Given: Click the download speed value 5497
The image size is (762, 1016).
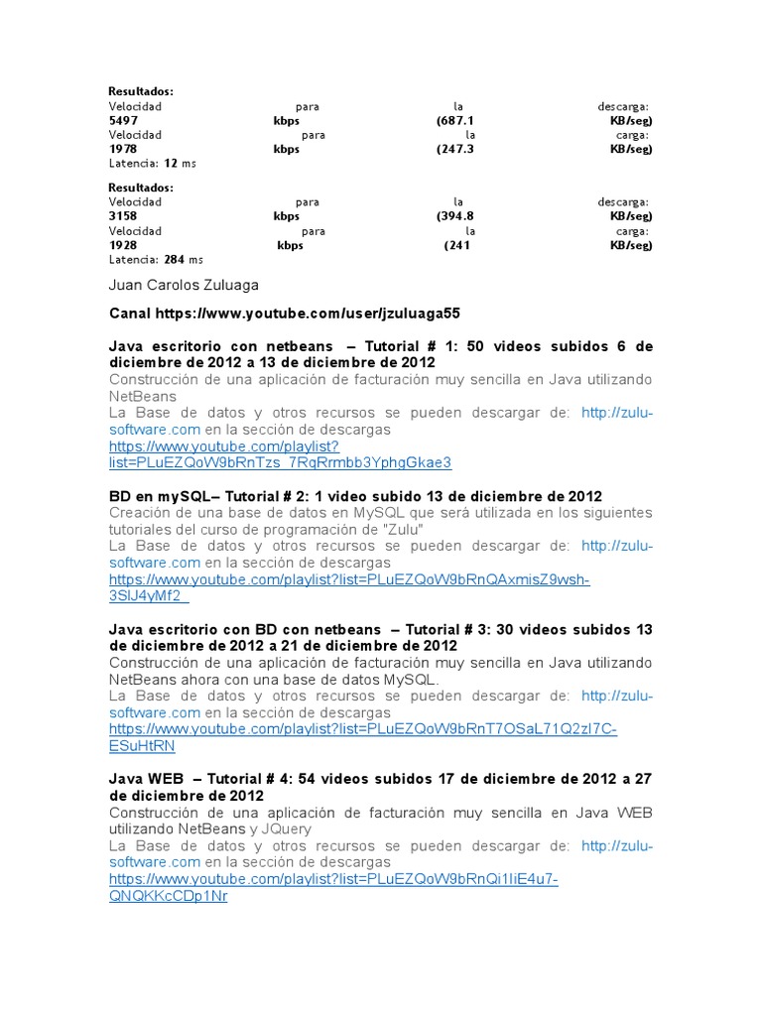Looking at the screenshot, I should click(x=123, y=121).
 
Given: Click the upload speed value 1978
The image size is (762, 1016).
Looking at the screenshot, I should click(x=123, y=149).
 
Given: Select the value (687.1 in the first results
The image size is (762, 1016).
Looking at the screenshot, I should click(x=454, y=121).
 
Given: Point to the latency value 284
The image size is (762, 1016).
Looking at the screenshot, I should click(x=176, y=259).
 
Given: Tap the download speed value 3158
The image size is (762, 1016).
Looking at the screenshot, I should click(x=123, y=216).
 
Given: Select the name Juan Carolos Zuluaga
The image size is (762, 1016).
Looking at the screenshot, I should click(x=184, y=285).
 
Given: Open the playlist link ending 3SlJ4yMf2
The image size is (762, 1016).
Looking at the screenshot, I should click(x=149, y=596).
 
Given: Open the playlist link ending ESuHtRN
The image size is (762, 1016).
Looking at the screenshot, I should click(x=142, y=745).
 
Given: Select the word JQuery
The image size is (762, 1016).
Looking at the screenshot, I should click(x=287, y=828).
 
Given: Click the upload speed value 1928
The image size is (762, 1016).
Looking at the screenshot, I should click(x=123, y=244).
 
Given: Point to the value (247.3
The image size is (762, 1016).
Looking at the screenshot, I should click(x=454, y=149).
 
